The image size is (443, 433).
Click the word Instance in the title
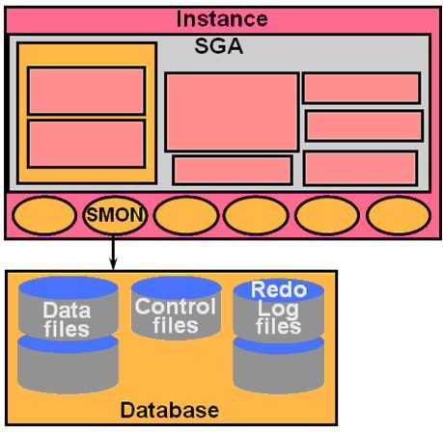222,19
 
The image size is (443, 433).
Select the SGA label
218,46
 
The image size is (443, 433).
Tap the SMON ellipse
115,215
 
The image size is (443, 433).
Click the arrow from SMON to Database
113,253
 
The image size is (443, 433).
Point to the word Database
170,410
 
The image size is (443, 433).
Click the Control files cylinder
176,308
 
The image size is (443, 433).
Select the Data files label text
67,319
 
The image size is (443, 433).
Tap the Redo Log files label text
279,308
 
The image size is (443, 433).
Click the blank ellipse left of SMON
44,215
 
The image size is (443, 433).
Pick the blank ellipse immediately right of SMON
185,215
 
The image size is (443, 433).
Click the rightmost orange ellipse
399,215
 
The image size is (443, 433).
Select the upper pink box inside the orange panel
87,91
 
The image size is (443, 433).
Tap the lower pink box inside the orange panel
87,144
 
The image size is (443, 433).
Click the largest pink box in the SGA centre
232,112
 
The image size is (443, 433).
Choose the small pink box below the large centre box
233,171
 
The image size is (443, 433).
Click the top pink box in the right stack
362,88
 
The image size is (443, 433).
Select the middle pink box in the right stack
364,125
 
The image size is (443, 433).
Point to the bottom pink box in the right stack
361,169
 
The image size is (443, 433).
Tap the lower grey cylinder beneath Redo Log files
279,366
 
